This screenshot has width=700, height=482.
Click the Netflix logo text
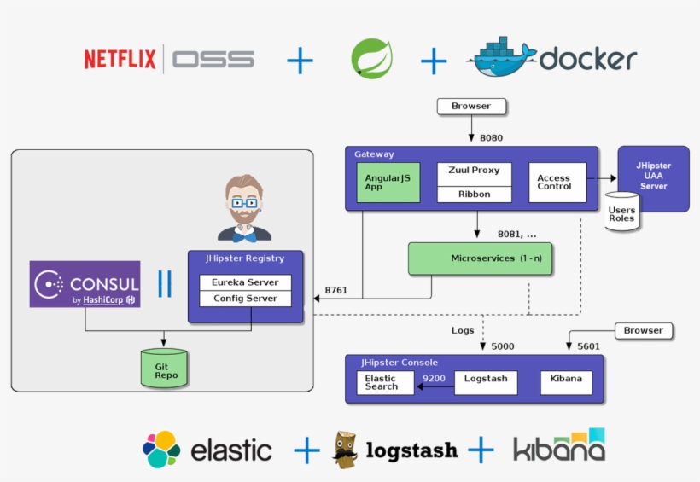(120, 59)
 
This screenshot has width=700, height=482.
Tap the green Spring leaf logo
(371, 59)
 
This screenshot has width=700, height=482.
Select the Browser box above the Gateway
(471, 107)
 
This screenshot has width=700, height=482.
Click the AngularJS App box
(388, 183)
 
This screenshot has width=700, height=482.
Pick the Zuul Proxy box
(474, 171)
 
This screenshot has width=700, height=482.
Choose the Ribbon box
(474, 194)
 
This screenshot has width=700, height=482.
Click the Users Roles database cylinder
(621, 213)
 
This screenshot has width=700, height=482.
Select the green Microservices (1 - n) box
(481, 258)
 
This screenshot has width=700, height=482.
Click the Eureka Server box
(245, 282)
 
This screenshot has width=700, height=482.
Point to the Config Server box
(245, 299)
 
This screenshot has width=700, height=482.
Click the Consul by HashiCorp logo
(85, 284)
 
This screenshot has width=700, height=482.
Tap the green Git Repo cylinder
(164, 369)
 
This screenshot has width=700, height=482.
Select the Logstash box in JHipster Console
(485, 379)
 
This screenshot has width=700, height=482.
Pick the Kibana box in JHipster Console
(566, 379)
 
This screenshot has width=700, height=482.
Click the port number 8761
(336, 290)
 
